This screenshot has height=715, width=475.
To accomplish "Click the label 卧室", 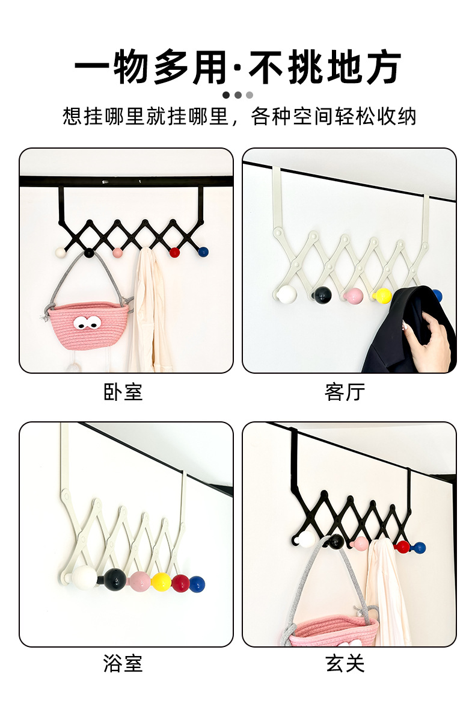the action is point(123,392).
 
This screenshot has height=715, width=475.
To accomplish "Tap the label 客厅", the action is point(345,392).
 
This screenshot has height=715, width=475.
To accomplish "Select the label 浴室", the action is point(123,663).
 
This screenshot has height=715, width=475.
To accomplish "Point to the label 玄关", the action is point(345,663).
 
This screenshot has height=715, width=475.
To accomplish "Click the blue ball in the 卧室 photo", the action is point(203,252).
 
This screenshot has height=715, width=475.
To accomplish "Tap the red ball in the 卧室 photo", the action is point(174,252).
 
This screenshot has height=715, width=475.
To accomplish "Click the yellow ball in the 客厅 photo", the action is point(382,296).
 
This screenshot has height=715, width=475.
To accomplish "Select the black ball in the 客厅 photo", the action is point(323,295).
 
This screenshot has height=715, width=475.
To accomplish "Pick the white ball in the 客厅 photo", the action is point(287,295).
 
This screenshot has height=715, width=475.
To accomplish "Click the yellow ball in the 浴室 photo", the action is point(161,582).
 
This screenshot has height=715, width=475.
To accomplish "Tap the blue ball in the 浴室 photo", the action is point(197,584).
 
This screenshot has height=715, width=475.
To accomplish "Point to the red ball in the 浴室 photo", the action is point(180,583).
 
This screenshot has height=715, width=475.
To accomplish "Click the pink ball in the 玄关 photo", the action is point(360,543).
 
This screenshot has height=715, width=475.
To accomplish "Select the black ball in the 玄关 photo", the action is point(336,541).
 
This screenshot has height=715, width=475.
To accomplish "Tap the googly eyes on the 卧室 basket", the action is point(87,323).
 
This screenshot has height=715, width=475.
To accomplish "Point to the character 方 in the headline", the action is point(382,67).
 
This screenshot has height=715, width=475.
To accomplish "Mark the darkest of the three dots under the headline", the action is point(226,95).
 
